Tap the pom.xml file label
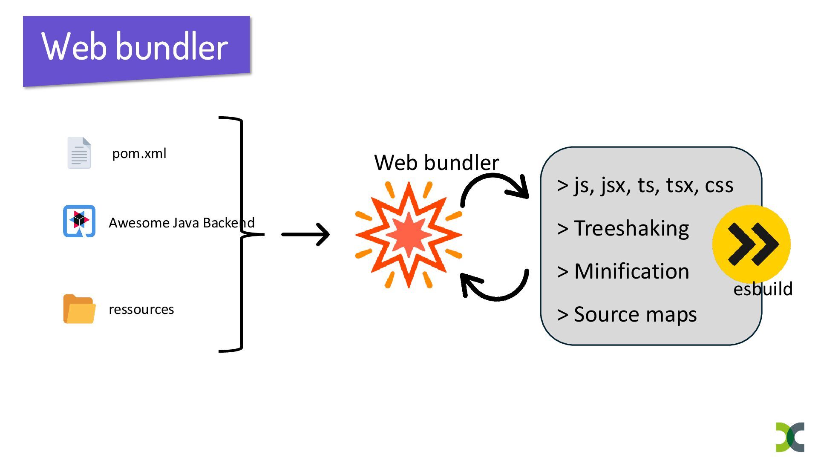[139, 153]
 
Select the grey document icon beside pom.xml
[79, 152]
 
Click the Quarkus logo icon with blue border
[79, 221]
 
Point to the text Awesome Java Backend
[181, 223]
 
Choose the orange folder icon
[79, 309]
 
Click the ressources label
[141, 309]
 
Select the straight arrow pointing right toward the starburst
[305, 234]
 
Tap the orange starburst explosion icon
[409, 235]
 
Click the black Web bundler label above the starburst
[436, 162]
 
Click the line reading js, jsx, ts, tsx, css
[645, 185]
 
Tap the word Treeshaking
[631, 228]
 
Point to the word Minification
[631, 271]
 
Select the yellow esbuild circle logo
[752, 244]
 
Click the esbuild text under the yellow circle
[763, 289]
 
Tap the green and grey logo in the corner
[790, 437]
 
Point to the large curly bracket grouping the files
[242, 234]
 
